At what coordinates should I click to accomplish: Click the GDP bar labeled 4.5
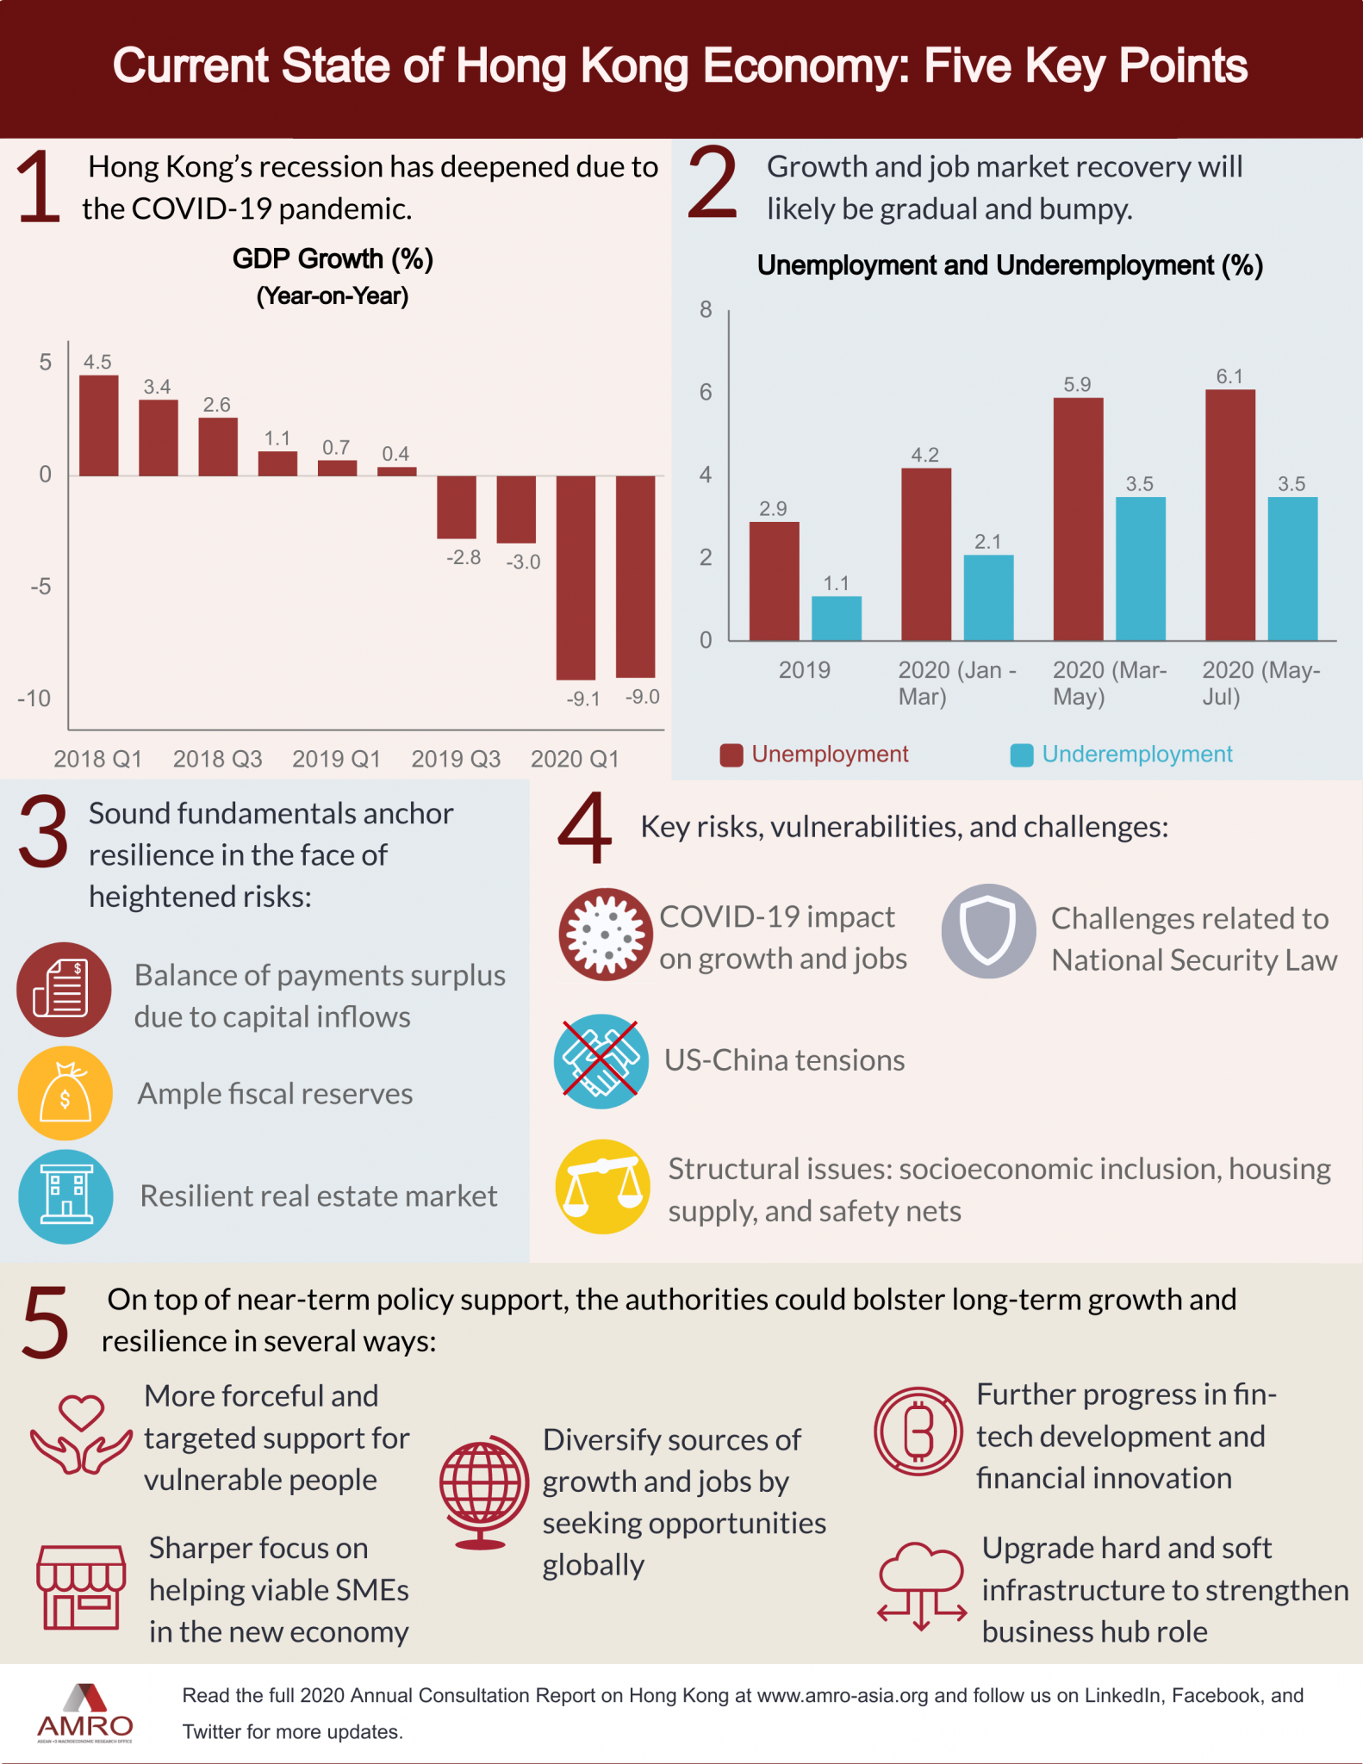click(x=99, y=425)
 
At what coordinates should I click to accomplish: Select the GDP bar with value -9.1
click(x=576, y=577)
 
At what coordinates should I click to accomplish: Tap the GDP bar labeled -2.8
click(x=457, y=507)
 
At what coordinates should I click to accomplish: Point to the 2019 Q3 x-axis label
click(x=456, y=759)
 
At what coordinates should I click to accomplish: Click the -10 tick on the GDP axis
click(x=34, y=699)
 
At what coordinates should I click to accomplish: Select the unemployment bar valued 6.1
click(x=1229, y=515)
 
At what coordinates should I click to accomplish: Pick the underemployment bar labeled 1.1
click(x=836, y=618)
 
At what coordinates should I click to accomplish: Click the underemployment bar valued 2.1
click(x=988, y=598)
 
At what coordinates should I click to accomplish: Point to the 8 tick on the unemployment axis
click(x=706, y=310)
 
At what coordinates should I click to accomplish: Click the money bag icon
click(x=65, y=1093)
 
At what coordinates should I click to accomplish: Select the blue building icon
click(x=65, y=1196)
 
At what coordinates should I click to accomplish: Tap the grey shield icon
click(x=988, y=931)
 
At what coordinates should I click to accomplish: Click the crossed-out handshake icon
click(x=601, y=1060)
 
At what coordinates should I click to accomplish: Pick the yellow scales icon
click(x=603, y=1186)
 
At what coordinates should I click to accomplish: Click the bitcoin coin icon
click(x=918, y=1431)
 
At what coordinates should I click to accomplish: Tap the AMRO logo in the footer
click(x=84, y=1713)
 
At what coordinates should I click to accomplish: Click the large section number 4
click(x=584, y=828)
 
